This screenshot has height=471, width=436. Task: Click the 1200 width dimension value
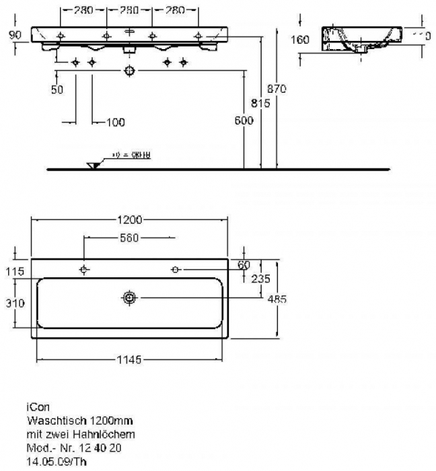131,219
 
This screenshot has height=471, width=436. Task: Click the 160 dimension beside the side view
302,40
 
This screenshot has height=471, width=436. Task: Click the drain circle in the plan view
128,297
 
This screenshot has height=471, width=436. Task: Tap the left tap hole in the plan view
83,270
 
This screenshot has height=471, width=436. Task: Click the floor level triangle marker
93,165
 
